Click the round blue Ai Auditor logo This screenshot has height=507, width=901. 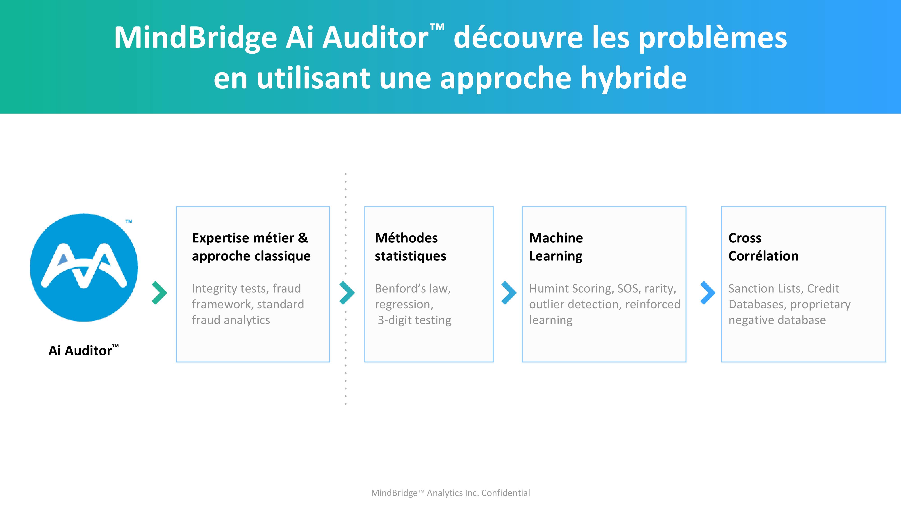[84, 267]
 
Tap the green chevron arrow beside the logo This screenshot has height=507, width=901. [159, 292]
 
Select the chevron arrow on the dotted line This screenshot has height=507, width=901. [347, 292]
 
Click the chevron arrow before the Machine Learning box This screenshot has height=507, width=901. [509, 292]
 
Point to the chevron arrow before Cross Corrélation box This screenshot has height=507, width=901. [708, 292]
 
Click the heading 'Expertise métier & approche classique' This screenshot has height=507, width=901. [251, 247]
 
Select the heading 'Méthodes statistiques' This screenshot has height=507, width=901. [410, 247]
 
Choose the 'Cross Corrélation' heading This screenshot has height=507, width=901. [763, 247]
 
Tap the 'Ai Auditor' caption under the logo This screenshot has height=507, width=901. [84, 350]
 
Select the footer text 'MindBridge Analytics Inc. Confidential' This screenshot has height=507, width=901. [450, 493]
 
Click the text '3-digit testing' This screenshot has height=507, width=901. [414, 320]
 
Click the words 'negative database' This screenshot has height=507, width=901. [777, 320]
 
